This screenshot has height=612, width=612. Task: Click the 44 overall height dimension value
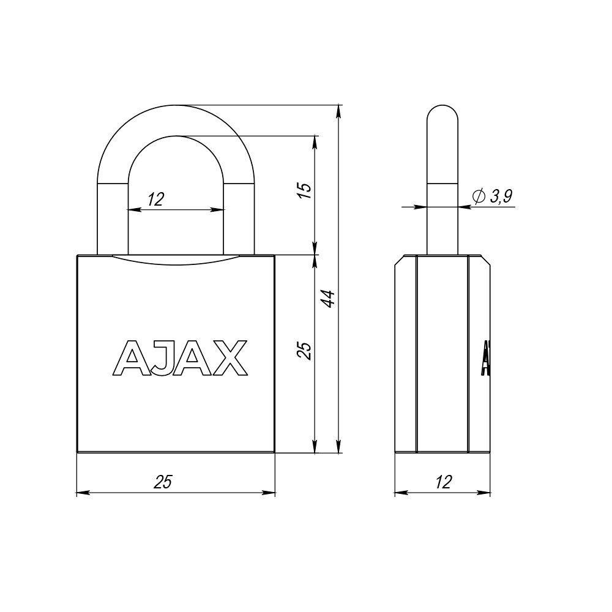click(329, 298)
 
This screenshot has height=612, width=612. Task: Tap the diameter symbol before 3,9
click(479, 196)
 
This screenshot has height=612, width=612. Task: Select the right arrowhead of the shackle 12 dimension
click(220, 209)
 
